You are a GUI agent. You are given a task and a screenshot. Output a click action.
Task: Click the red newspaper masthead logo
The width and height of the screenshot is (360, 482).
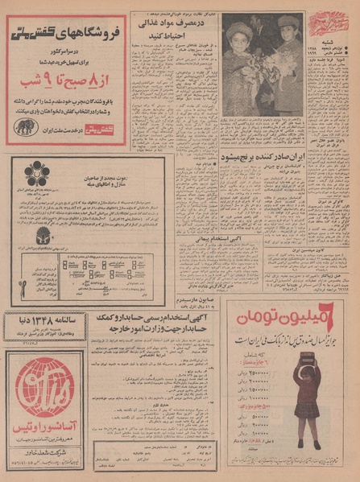325,21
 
